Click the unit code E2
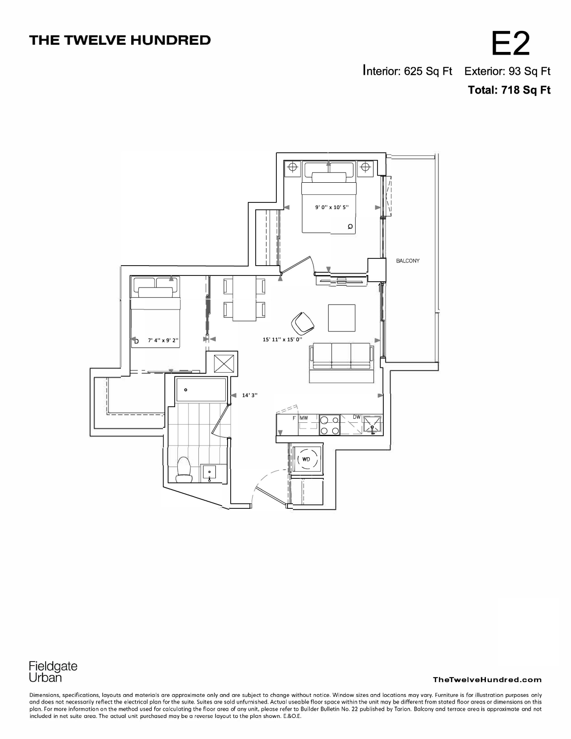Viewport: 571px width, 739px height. pyautogui.click(x=511, y=43)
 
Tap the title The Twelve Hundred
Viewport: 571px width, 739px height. pyautogui.click(x=120, y=40)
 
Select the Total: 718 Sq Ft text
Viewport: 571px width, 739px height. pyautogui.click(x=509, y=90)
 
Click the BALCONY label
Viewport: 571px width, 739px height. pyautogui.click(x=408, y=261)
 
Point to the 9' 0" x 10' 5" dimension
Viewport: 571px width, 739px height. pyautogui.click(x=331, y=207)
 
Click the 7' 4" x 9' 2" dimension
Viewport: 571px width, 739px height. pyautogui.click(x=163, y=340)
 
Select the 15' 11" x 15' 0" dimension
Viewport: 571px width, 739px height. pyautogui.click(x=283, y=339)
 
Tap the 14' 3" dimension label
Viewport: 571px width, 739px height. pyautogui.click(x=249, y=395)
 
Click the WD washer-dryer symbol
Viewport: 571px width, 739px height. pyautogui.click(x=306, y=459)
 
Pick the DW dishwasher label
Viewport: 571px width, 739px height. pyautogui.click(x=356, y=417)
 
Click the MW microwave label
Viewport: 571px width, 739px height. pyautogui.click(x=304, y=418)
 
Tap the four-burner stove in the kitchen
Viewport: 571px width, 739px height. pyautogui.click(x=329, y=425)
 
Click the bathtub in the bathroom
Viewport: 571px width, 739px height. pyautogui.click(x=201, y=389)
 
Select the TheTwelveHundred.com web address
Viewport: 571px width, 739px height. pyautogui.click(x=487, y=679)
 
